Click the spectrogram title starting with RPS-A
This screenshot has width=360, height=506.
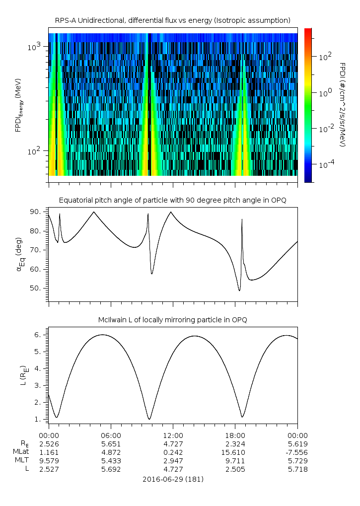[173, 21]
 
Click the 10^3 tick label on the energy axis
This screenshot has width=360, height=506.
[34, 47]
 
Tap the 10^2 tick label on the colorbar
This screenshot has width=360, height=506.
[325, 57]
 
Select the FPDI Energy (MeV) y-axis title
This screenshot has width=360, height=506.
[18, 105]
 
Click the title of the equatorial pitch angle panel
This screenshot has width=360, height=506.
[173, 201]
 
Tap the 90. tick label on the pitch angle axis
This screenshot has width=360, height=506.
[35, 212]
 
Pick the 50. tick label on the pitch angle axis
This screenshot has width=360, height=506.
[35, 288]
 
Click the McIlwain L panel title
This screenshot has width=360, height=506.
[173, 320]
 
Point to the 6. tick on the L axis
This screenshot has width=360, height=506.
[38, 335]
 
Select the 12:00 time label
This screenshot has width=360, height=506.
[173, 435]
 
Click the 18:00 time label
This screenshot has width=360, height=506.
[235, 435]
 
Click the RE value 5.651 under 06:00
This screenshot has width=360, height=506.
[111, 444]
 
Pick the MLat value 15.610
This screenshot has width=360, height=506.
[233, 452]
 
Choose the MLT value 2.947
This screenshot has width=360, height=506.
[173, 461]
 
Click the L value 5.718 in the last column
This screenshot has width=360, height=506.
[298, 469]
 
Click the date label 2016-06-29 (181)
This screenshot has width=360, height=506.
[173, 479]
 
